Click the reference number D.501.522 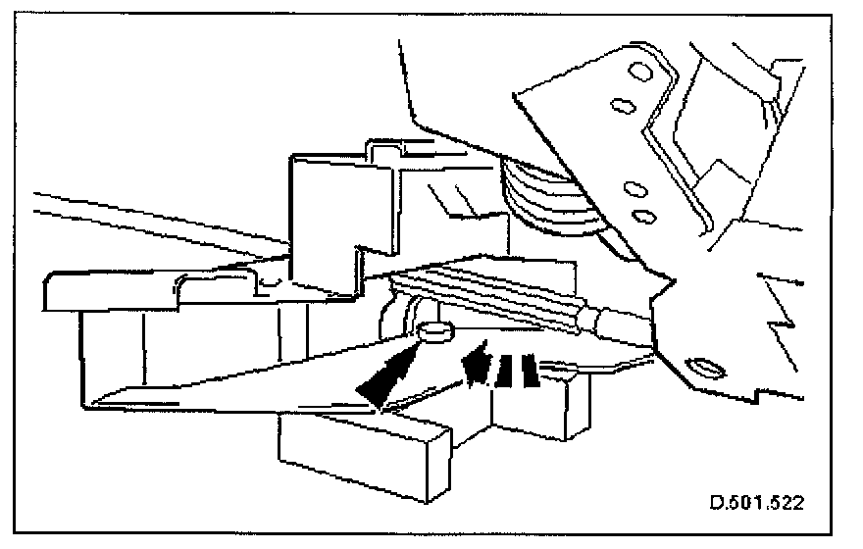(757, 504)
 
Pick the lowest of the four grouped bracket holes (642, 214)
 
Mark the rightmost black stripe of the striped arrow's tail (530, 371)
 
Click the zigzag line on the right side (785, 304)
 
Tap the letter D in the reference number (715, 504)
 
